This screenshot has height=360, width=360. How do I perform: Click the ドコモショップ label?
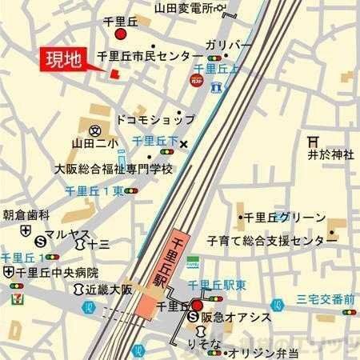tap(154, 118)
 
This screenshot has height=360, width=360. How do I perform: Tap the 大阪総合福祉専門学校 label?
tap(113, 170)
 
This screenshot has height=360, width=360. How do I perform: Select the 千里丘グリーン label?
tap(285, 218)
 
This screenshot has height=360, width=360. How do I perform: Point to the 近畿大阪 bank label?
tap(107, 288)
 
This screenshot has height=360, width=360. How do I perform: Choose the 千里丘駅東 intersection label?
tap(216, 285)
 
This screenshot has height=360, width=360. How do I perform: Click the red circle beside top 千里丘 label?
tap(121, 35)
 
